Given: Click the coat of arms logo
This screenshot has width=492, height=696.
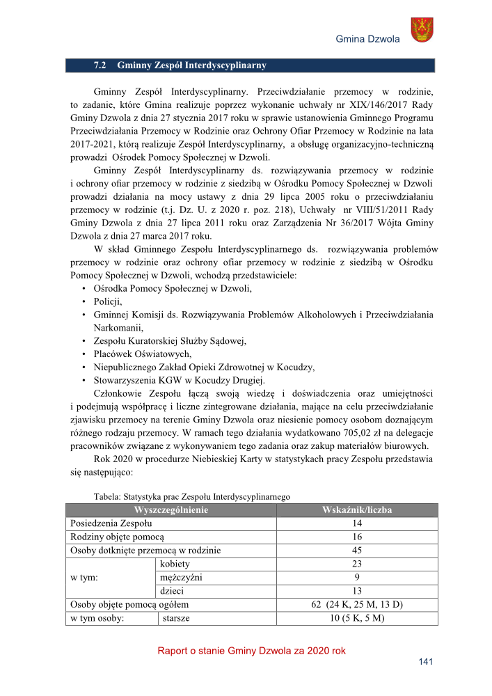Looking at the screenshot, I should point(423,29).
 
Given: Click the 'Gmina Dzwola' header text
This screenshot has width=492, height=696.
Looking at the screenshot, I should point(367,39).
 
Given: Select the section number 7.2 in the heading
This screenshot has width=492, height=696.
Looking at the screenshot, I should point(100,65).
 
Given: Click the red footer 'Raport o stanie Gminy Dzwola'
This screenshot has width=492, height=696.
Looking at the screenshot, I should point(251,651).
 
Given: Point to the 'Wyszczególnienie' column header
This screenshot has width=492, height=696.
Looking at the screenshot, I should point(170,510).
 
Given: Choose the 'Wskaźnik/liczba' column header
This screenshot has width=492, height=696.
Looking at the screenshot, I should point(357,510).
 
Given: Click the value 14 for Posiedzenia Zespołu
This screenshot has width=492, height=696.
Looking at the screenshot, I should point(357,523).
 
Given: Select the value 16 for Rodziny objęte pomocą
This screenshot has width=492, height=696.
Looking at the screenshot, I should point(357,537).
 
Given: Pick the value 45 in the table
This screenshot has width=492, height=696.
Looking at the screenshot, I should point(357,551).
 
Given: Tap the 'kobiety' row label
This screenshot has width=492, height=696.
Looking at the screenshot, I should point(175,564).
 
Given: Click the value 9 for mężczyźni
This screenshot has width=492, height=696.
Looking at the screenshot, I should point(357,577).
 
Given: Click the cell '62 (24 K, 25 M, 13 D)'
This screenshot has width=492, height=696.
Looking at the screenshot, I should point(357,604).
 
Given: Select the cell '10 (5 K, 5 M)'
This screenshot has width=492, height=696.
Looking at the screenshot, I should point(357,618).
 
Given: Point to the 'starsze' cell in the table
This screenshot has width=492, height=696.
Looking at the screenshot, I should point(177,618).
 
